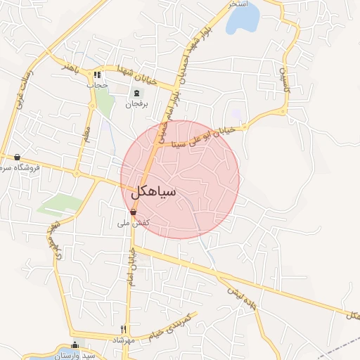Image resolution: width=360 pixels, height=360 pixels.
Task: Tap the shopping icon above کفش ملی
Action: click(x=133, y=212)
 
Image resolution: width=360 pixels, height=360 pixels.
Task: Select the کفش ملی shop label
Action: click(x=132, y=223)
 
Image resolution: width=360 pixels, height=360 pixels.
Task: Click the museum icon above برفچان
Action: click(x=136, y=93)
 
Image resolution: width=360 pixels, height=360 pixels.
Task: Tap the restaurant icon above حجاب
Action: click(x=98, y=75)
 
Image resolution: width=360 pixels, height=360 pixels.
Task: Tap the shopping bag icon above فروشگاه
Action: click(x=17, y=157)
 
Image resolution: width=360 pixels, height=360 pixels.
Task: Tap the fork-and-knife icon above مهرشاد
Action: click(x=124, y=329)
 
